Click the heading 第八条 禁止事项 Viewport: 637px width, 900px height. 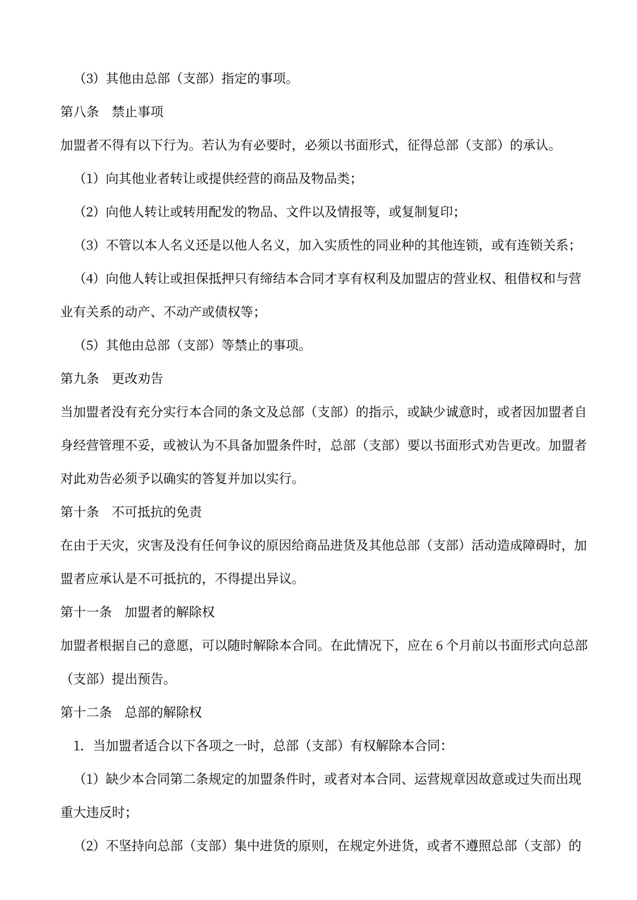click(x=112, y=112)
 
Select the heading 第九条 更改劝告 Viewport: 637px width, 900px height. click(x=112, y=378)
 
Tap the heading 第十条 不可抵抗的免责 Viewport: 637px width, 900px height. click(x=131, y=512)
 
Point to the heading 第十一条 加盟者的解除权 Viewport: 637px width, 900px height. click(x=138, y=612)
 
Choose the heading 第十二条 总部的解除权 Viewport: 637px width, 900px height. click(x=131, y=712)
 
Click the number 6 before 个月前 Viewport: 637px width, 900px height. click(x=439, y=645)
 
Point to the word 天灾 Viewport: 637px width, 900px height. click(x=112, y=545)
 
